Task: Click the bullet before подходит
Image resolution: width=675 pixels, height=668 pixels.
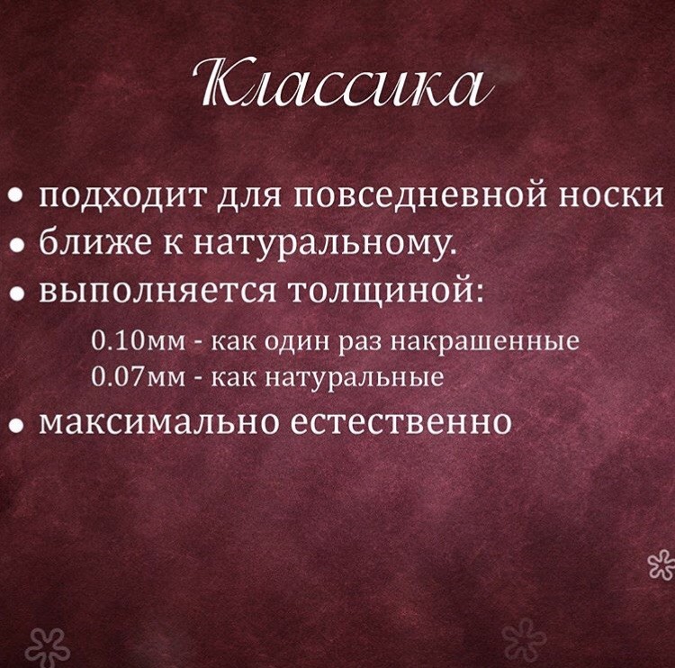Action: pos(15,196)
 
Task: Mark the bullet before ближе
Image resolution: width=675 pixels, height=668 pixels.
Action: pos(15,245)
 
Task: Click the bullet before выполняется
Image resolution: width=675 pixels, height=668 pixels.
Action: pos(15,293)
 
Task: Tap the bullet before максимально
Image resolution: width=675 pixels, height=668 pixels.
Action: pos(15,424)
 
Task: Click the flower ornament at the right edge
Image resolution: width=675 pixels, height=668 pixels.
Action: pos(662,564)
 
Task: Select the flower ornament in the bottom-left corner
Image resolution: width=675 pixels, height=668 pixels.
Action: pos(47,647)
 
